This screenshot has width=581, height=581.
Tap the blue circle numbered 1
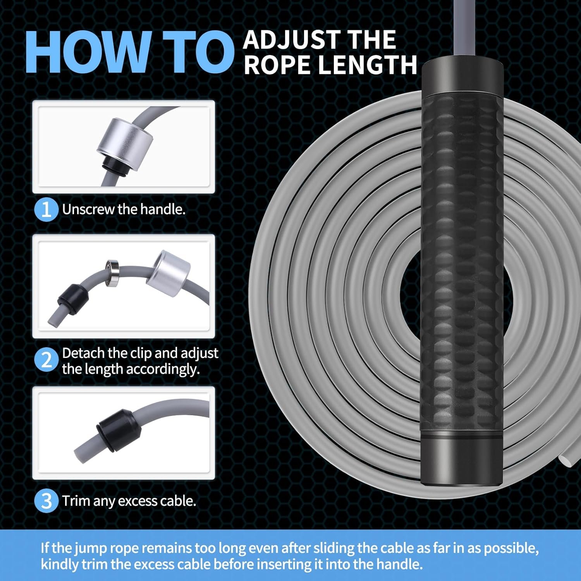coord(46,210)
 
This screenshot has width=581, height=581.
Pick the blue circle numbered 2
coord(46,360)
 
